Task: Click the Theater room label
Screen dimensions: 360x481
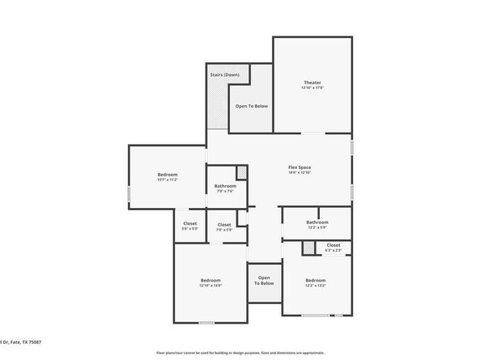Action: coord(312,83)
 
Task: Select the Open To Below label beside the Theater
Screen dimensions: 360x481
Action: coord(252,106)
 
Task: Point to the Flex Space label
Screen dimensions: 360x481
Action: coord(300,167)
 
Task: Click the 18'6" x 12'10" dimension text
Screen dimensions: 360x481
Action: coord(300,173)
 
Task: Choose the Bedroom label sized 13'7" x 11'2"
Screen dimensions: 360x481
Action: coord(168,175)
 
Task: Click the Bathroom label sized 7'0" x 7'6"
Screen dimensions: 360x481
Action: coord(224,186)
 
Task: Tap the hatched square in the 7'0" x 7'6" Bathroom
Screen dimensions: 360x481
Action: coord(240,172)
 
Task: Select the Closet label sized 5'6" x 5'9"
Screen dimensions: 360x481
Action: coord(189,223)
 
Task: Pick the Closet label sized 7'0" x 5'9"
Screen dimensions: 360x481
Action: coord(224,225)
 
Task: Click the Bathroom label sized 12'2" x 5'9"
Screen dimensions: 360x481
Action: coord(317,222)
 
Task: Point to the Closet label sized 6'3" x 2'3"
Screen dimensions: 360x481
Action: coord(333,245)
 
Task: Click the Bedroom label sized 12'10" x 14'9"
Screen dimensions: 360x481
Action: coord(211,280)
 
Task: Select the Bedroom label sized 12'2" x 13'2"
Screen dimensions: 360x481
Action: coord(315,280)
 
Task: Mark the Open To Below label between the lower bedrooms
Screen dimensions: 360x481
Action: coord(264,280)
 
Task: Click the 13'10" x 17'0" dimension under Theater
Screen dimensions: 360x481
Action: coord(312,88)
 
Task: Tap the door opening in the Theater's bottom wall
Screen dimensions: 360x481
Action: coord(313,132)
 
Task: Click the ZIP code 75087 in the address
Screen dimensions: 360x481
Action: coord(33,342)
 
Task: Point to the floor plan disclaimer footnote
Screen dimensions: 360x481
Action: coord(240,354)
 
